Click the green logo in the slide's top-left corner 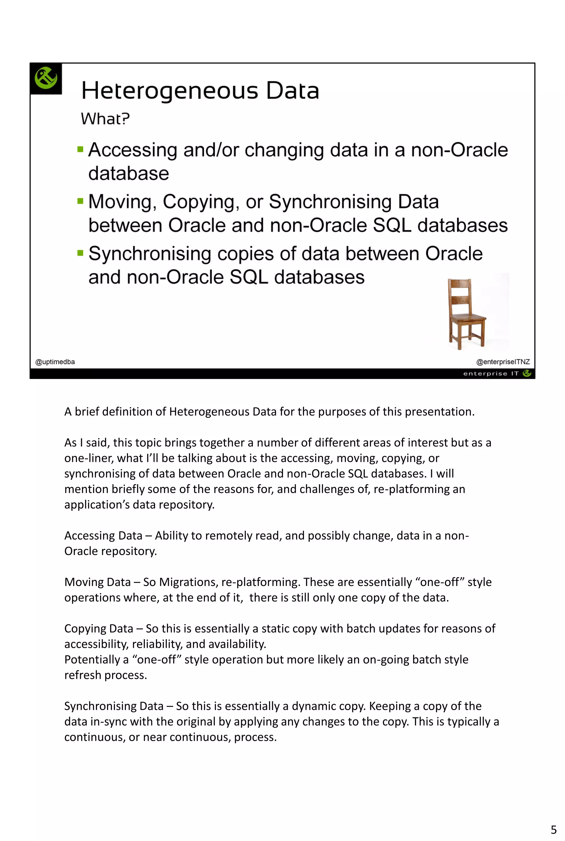click(46, 78)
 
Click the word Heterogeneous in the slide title click(169, 91)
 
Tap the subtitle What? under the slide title click(105, 119)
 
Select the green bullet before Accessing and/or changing click(80, 149)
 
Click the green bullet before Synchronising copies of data click(80, 253)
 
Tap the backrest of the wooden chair click(460, 294)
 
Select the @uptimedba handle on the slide click(55, 362)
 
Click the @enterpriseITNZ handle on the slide click(503, 362)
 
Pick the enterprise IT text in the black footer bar click(491, 374)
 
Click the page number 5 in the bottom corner click(553, 829)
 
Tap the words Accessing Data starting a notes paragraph click(103, 536)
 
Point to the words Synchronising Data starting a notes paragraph click(114, 706)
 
